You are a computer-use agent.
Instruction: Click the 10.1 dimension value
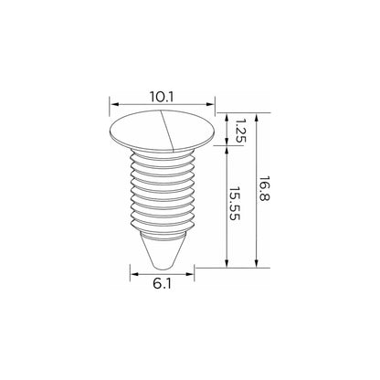[x=162, y=98]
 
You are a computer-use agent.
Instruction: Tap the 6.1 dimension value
[x=162, y=284]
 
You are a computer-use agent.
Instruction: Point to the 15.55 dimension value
[x=235, y=204]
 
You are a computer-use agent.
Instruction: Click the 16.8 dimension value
[x=264, y=188]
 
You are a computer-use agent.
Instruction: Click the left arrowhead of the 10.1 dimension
[x=114, y=104]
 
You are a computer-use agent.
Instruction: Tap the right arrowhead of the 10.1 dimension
[x=210, y=104]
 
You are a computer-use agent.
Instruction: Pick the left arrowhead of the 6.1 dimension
[x=134, y=274]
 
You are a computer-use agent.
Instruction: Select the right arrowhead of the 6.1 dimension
[x=190, y=274]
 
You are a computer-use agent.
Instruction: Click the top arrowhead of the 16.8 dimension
[x=257, y=118]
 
